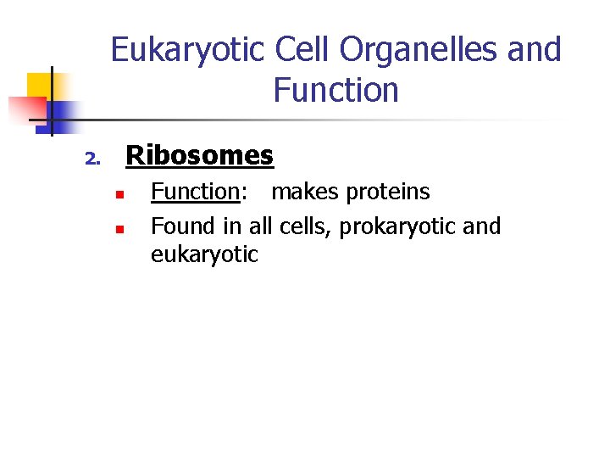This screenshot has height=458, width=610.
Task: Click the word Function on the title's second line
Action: click(x=335, y=90)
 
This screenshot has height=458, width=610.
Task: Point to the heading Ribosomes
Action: click(x=199, y=155)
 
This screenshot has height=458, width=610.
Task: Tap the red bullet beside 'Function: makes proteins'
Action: click(x=120, y=194)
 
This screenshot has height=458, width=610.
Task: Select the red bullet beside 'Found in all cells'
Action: click(x=120, y=229)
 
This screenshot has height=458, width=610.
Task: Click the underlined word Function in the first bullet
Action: click(x=195, y=192)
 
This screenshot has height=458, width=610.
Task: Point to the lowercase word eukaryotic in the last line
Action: click(x=204, y=254)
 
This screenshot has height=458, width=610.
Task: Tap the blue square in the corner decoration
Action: click(x=62, y=112)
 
